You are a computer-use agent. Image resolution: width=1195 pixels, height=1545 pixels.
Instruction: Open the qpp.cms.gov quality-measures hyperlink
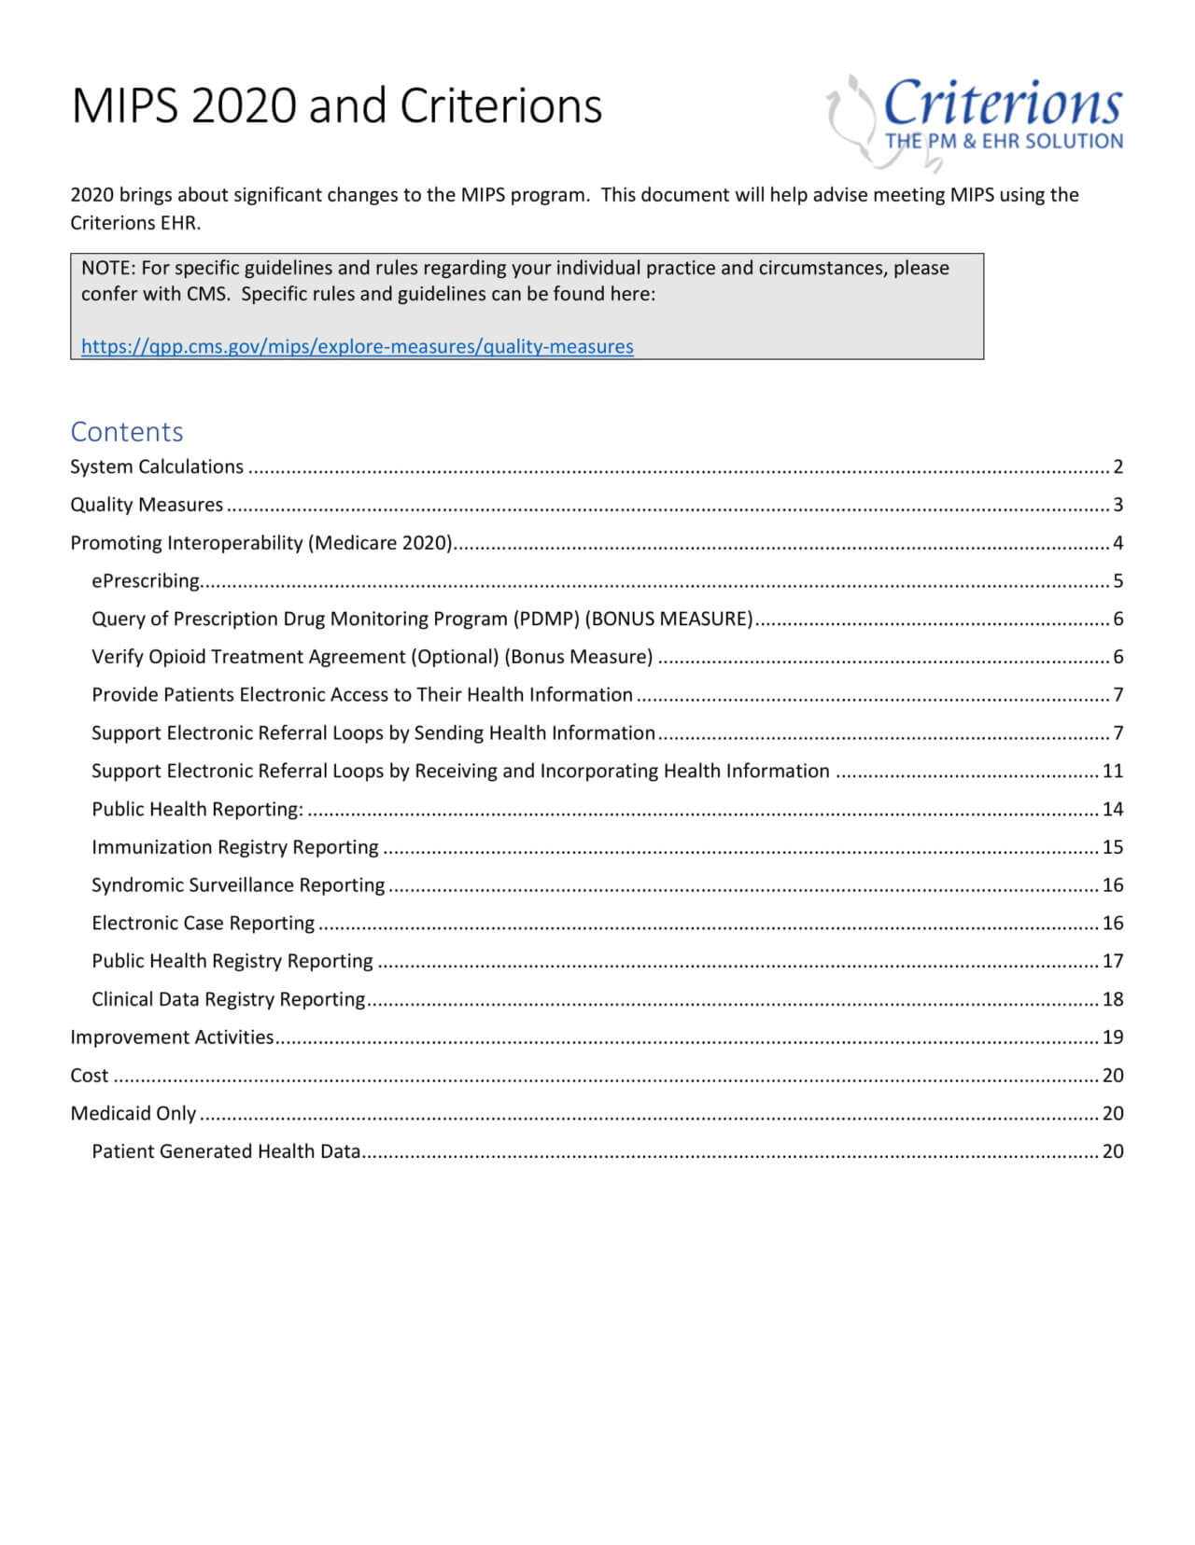[357, 346]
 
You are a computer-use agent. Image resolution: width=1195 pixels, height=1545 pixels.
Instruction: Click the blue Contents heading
[127, 431]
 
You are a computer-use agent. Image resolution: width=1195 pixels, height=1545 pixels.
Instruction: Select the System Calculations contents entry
[157, 466]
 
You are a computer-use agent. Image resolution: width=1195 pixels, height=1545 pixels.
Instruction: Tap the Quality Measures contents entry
[147, 505]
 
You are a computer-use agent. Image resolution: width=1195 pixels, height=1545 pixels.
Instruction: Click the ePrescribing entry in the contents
[146, 580]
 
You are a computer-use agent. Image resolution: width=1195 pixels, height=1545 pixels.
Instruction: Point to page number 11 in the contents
[1112, 771]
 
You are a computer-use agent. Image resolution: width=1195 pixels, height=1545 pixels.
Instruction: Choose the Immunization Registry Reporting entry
[235, 847]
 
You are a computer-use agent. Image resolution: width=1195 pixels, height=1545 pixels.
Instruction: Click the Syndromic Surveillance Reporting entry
[238, 884]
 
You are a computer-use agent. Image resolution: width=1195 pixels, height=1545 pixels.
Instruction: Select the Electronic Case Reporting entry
[203, 923]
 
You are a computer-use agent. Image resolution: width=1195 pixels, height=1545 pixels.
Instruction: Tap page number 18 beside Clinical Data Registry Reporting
[1112, 999]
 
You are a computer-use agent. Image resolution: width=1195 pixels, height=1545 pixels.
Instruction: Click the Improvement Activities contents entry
[172, 1037]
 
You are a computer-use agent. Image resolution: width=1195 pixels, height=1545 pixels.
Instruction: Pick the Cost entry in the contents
[90, 1075]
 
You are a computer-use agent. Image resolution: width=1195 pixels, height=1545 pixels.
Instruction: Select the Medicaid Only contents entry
[134, 1113]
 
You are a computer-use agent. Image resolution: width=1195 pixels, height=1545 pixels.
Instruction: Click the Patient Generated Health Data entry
[226, 1151]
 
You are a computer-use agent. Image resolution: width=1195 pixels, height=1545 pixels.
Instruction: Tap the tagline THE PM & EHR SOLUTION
[1004, 142]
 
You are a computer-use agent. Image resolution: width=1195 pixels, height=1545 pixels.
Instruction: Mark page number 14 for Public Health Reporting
[1112, 809]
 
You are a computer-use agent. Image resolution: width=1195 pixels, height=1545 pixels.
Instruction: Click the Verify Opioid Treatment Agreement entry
[372, 657]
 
